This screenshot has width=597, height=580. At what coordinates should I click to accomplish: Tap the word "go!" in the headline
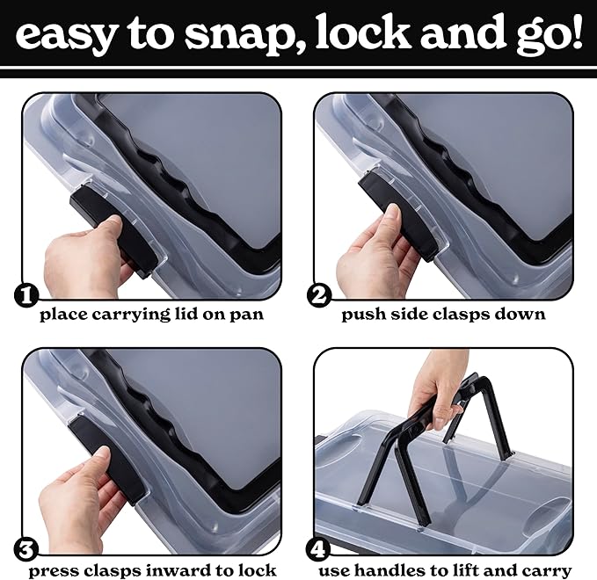point(550,36)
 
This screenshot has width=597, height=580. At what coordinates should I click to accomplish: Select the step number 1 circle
point(26,295)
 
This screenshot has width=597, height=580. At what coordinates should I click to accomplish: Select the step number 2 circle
point(319,295)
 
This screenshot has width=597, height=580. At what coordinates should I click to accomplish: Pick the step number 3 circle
point(26,551)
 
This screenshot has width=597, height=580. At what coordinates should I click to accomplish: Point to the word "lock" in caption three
point(258,570)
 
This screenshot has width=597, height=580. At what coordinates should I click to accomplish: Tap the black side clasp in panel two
point(398,215)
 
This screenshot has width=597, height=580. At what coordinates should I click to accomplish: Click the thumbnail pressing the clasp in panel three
point(102,453)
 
